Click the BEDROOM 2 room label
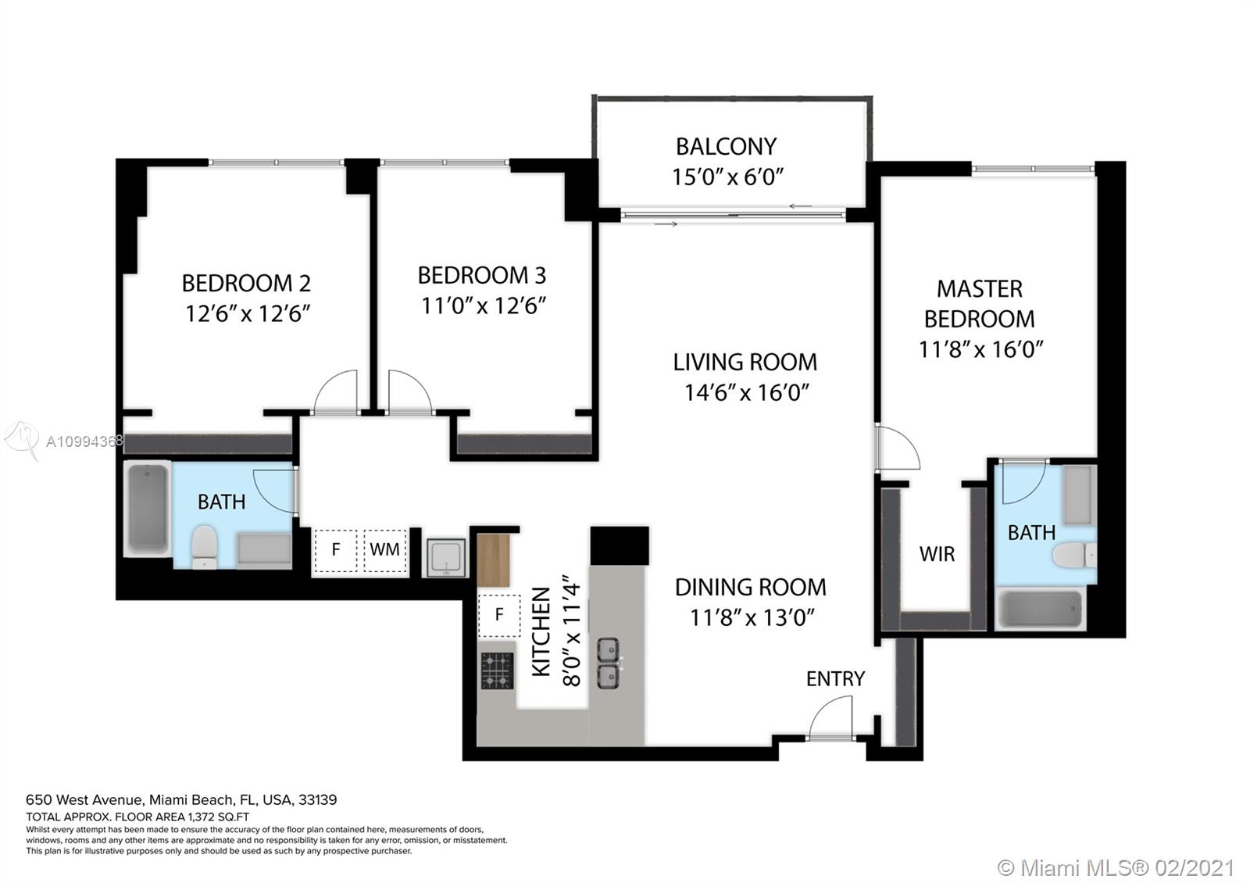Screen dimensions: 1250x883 tap(246, 284)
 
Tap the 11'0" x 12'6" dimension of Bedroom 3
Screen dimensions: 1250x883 tap(484, 306)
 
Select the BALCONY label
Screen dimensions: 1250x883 tap(726, 147)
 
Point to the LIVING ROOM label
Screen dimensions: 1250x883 tap(745, 363)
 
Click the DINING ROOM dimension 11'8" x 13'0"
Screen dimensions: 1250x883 tap(752, 618)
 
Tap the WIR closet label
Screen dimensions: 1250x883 tap(937, 554)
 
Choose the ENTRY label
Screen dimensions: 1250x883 tap(835, 679)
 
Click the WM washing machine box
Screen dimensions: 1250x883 tap(384, 550)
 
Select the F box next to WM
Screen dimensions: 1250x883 tap(335, 550)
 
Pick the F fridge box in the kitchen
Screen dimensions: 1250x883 tap(499, 615)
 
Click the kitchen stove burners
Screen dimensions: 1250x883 tap(497, 670)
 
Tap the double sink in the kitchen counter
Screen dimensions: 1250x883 tap(609, 663)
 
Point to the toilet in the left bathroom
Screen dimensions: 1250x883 tap(204, 546)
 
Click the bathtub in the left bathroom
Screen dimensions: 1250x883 tap(148, 508)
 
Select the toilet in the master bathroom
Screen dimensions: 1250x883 tap(1074, 556)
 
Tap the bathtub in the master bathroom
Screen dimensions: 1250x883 tap(1041, 609)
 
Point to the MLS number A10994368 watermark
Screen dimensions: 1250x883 tap(84, 442)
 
